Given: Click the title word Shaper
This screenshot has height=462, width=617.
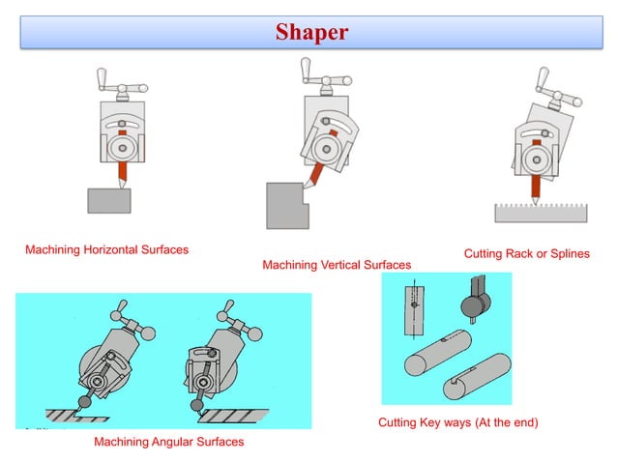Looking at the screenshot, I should [311, 33].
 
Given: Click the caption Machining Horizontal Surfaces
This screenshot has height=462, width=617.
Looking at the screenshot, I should [106, 249].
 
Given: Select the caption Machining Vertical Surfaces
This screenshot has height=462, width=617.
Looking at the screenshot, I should [337, 264].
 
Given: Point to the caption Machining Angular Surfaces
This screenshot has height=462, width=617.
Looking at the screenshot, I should [168, 442].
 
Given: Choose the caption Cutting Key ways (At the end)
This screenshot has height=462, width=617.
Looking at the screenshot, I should [457, 422].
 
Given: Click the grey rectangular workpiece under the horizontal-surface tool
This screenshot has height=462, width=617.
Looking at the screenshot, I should [109, 200].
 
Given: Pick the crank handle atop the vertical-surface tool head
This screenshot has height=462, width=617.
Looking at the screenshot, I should [320, 77].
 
